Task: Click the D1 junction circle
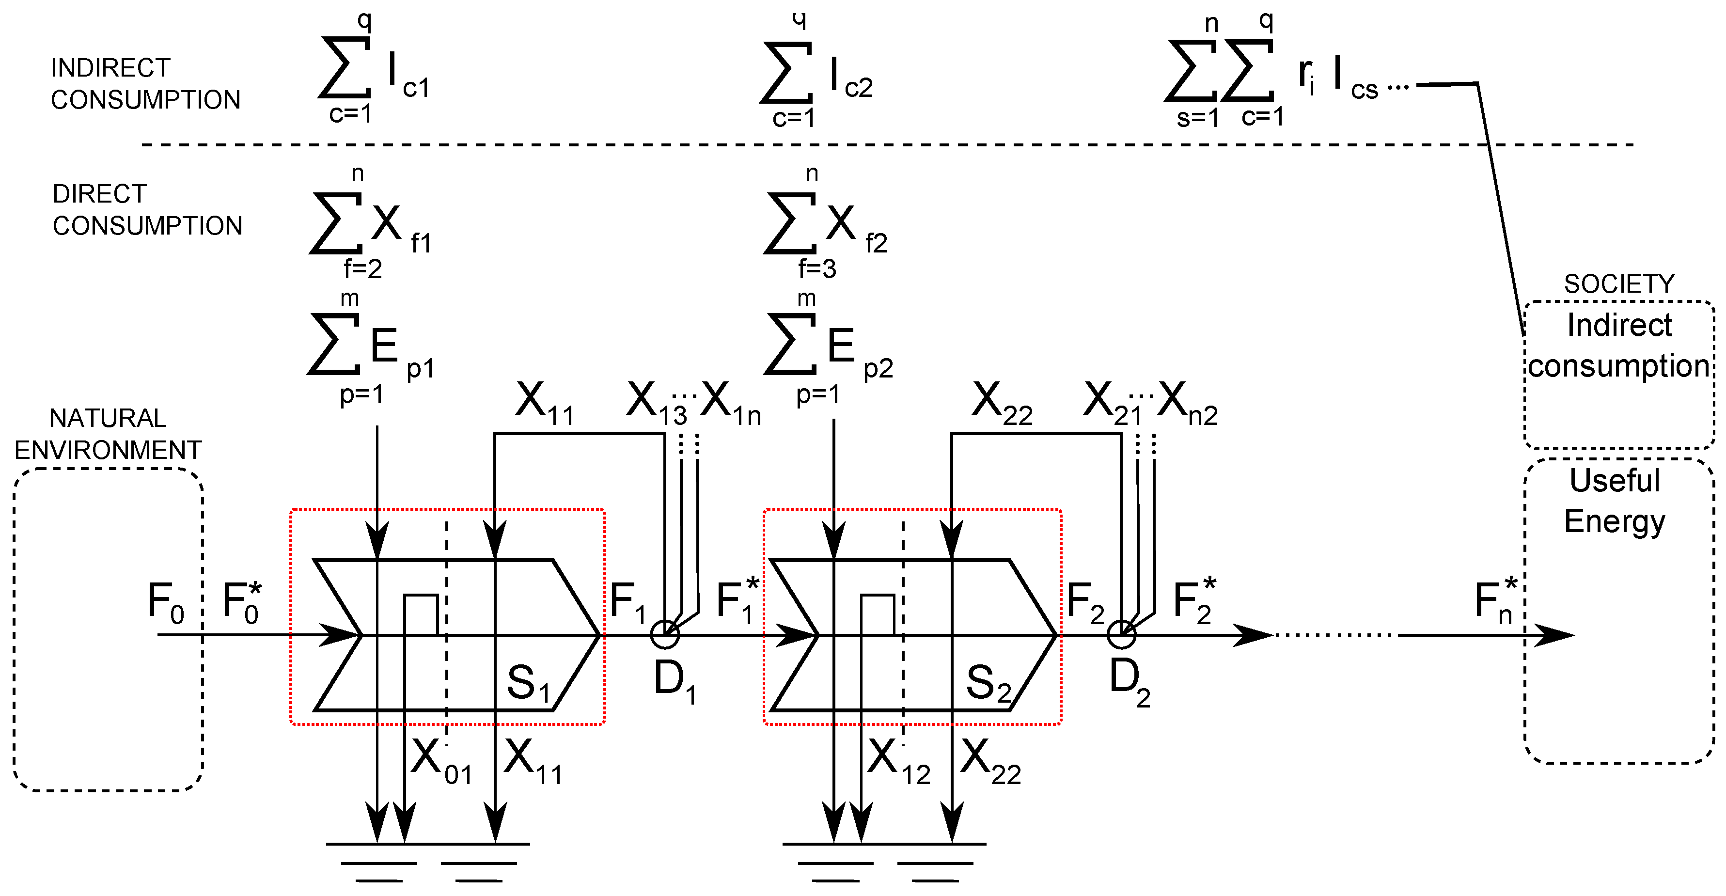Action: tap(665, 634)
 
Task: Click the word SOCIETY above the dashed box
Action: tap(1619, 284)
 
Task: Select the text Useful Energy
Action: tap(1614, 501)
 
